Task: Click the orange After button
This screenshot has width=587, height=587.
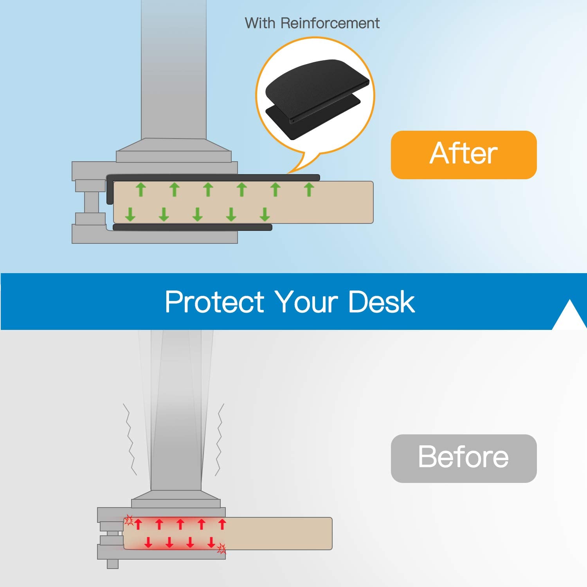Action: (x=464, y=155)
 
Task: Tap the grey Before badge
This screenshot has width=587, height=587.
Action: (x=464, y=458)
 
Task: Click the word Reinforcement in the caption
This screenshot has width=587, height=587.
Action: (x=330, y=23)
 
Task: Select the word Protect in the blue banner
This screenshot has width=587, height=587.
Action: (x=214, y=302)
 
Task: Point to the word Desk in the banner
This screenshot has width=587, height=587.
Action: (x=381, y=302)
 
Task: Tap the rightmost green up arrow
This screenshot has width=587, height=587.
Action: (x=309, y=189)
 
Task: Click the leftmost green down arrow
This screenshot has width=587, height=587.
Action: (x=130, y=214)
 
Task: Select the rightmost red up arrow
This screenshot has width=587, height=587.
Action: (x=222, y=524)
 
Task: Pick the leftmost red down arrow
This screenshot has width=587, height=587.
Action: (x=148, y=542)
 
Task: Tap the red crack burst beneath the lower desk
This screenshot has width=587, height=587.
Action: (x=221, y=549)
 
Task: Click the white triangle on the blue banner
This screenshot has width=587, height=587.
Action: (x=570, y=315)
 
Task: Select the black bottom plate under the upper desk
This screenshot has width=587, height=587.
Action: (x=192, y=227)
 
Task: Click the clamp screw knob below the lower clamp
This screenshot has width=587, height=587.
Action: (x=113, y=564)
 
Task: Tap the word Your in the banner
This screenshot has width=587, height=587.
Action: (x=306, y=302)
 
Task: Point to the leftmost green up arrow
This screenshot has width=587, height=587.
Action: (x=141, y=189)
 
